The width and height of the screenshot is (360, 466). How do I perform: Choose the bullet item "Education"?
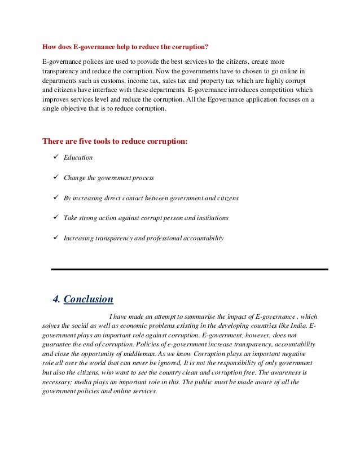pyautogui.click(x=78, y=158)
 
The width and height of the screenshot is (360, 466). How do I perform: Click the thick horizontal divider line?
pyautogui.click(x=189, y=270)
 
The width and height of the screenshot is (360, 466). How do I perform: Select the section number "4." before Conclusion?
pyautogui.click(x=56, y=299)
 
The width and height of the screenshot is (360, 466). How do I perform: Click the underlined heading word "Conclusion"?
pyautogui.click(x=89, y=299)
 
